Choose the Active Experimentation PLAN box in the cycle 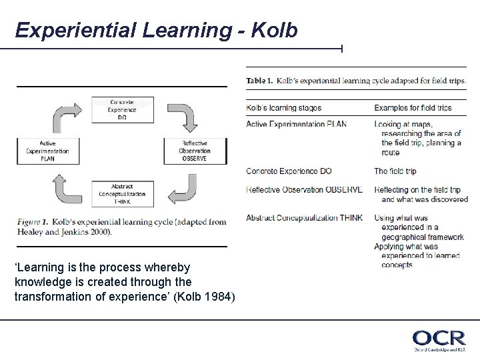click(x=47, y=150)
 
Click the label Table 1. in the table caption click(x=259, y=81)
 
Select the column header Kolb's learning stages click(x=284, y=107)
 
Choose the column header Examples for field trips click(x=413, y=107)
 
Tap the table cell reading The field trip click(x=395, y=171)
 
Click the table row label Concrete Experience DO click(x=289, y=171)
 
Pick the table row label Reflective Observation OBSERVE click(x=304, y=190)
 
